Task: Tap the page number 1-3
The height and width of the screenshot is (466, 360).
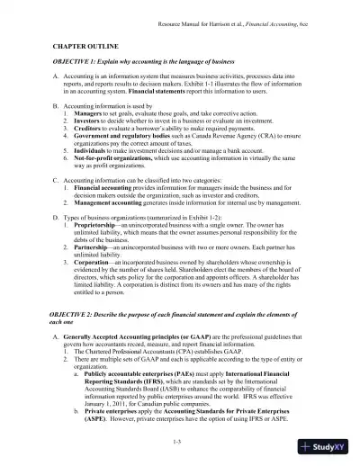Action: coord(180,442)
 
